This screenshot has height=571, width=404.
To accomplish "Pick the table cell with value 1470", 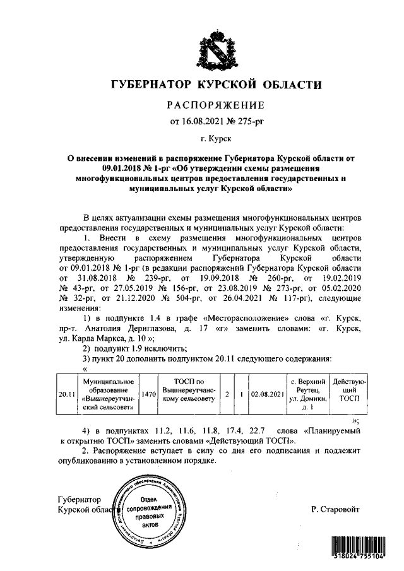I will pyautogui.click(x=148, y=394).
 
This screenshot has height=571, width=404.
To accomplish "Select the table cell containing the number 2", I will pyautogui.click(x=226, y=394).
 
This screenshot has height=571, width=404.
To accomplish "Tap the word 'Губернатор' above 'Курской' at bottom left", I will pyautogui.click(x=79, y=500).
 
